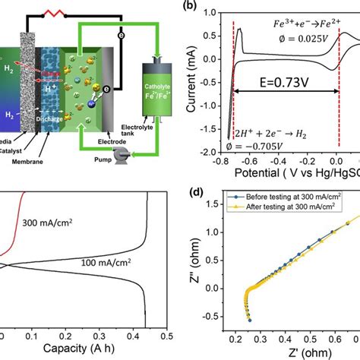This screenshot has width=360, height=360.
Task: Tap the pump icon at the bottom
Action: point(117,151)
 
